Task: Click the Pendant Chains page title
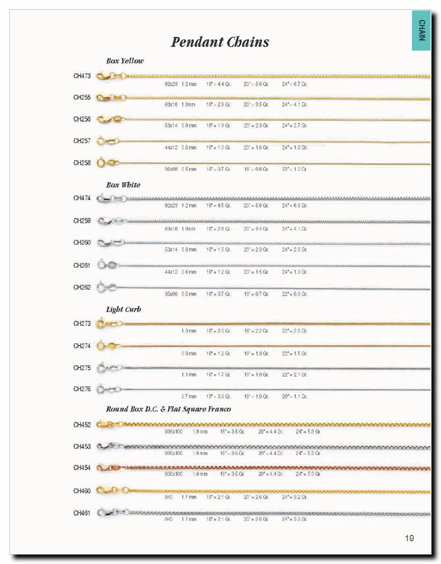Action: (x=220, y=42)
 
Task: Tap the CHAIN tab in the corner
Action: (x=422, y=30)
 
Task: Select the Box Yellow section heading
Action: (x=125, y=61)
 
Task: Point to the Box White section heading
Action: (x=123, y=185)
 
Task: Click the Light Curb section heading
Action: (x=124, y=309)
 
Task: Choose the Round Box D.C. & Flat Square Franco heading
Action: (x=168, y=409)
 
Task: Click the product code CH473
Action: (x=82, y=76)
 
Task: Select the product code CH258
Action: (x=82, y=163)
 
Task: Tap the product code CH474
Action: (x=82, y=198)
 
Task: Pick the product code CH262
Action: (x=82, y=287)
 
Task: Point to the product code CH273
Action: (x=82, y=323)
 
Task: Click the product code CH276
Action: (x=82, y=389)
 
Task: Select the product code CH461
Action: (x=82, y=513)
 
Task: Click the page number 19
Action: (x=409, y=538)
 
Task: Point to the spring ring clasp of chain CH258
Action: (x=103, y=163)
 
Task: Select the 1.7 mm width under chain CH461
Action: (x=189, y=519)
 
